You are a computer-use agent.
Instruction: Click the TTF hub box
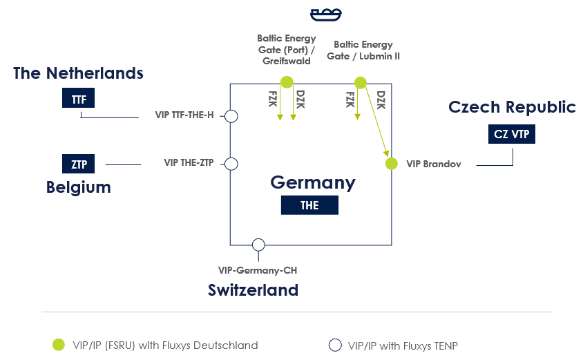[x=79, y=99]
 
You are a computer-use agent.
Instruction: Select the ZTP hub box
[x=78, y=164]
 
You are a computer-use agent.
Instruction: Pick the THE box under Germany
[x=309, y=205]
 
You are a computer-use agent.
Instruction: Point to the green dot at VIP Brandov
[x=392, y=164]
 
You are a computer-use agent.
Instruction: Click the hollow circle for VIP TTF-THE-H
[x=231, y=116]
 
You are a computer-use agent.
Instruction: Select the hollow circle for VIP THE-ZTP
[x=231, y=164]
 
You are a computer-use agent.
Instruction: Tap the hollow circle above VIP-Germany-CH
[x=258, y=245]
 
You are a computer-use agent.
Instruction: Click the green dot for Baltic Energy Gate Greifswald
[x=287, y=82]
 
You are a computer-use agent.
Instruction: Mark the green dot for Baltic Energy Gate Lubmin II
[x=360, y=83]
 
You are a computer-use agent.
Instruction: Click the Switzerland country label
[x=253, y=290]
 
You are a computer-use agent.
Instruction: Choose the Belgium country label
[x=79, y=187]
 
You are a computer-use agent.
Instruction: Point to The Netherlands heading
[x=78, y=73]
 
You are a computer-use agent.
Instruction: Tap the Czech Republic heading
[x=512, y=107]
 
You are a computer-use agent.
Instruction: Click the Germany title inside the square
[x=312, y=182]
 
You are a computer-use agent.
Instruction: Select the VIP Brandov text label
[x=433, y=164]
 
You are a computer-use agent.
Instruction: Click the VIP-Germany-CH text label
[x=257, y=271]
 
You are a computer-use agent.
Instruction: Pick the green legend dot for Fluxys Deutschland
[x=59, y=345]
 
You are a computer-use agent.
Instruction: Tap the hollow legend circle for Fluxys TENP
[x=335, y=345]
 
